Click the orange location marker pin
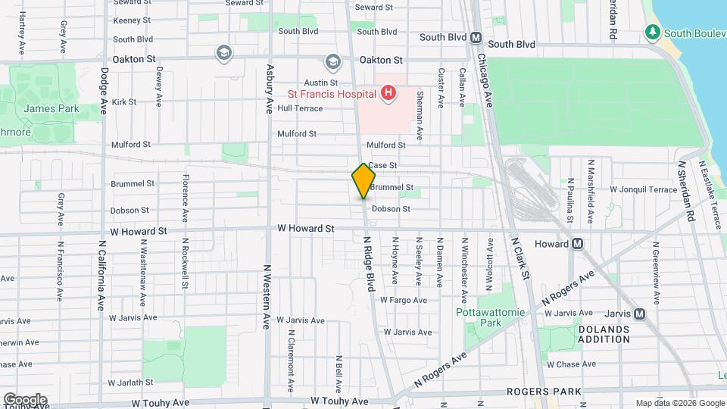363,181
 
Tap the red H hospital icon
388,94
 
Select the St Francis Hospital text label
331,95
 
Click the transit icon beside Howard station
577,244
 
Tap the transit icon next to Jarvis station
639,314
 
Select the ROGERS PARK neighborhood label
550,392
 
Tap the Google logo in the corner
25,399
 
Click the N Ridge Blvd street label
369,263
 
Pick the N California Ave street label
100,276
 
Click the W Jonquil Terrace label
643,189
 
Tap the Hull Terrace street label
300,108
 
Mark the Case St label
382,165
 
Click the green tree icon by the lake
652,33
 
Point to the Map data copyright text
679,403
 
